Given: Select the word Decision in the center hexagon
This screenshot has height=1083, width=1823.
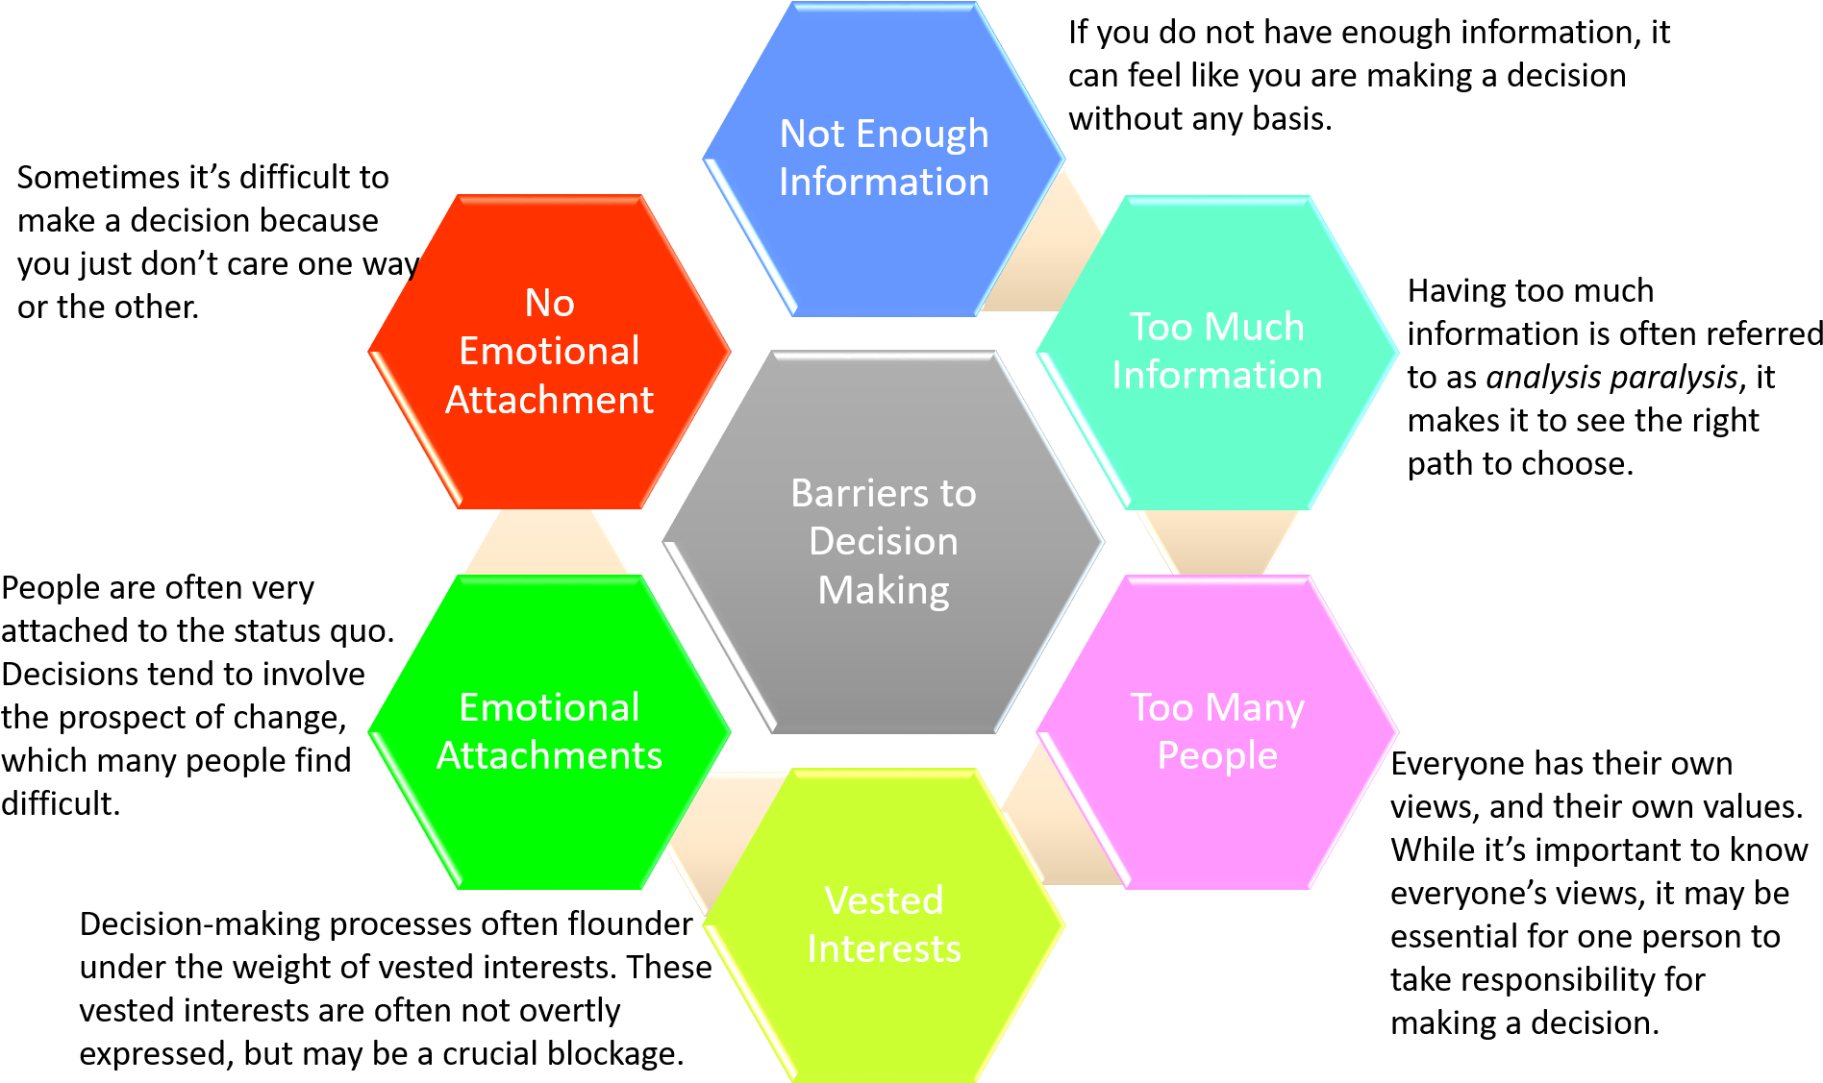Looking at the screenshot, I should click(883, 541).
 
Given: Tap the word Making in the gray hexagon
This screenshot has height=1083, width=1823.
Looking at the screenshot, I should click(883, 590).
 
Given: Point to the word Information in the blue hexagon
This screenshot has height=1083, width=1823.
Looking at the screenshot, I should click(883, 182).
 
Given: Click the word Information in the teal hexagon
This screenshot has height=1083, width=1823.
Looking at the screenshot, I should click(1216, 375).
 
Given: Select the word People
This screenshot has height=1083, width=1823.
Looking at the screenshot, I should click(1216, 755).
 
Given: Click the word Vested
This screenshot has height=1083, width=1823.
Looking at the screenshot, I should click(883, 900).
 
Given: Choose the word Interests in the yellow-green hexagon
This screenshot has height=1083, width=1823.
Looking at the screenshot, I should click(883, 948).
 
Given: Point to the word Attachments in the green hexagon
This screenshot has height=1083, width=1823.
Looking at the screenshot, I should click(549, 755).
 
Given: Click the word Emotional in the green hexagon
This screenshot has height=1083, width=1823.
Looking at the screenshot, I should click(549, 707).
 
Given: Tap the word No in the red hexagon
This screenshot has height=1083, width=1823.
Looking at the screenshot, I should click(549, 303).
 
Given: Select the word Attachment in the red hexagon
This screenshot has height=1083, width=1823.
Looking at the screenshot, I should click(549, 400).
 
